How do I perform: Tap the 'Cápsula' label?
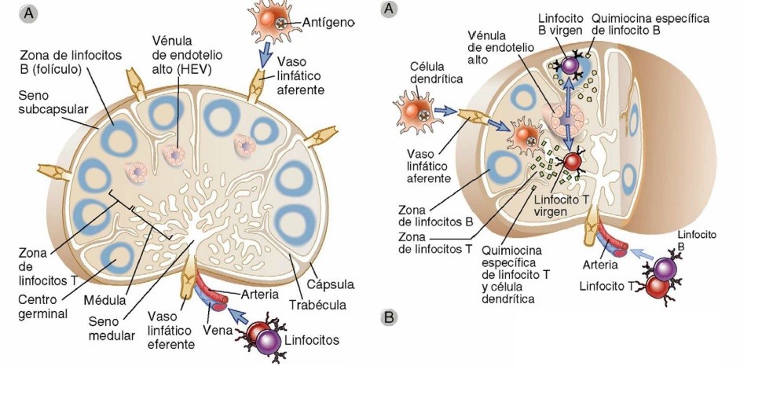tap(333, 284)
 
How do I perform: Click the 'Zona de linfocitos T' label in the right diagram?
tap(435, 241)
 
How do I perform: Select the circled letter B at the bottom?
tap(388, 318)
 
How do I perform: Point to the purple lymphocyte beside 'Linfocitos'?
tap(269, 342)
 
